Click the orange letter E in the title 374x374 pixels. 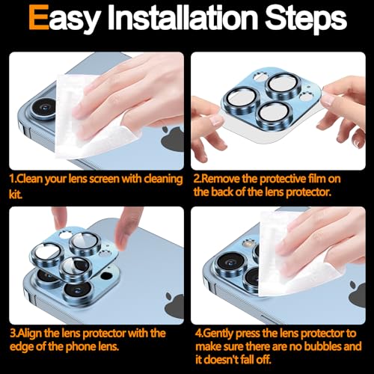click(39, 17)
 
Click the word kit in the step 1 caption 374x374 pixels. click(15, 194)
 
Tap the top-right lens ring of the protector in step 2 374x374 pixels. click(283, 85)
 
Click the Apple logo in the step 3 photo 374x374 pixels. click(175, 306)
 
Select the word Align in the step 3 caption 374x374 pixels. click(30, 334)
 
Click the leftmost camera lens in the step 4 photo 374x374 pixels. click(230, 265)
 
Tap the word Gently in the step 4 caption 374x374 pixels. click(218, 334)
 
